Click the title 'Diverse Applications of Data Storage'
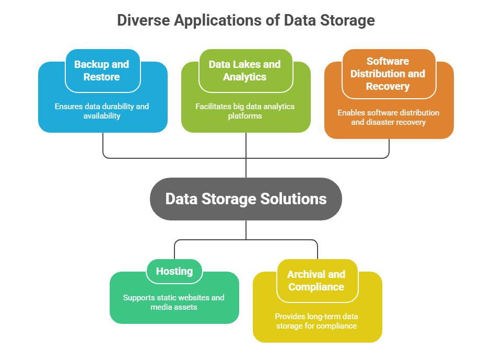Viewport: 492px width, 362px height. click(x=246, y=20)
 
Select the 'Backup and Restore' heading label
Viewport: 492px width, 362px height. click(x=102, y=71)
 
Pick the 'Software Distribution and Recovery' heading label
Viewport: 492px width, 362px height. click(x=388, y=74)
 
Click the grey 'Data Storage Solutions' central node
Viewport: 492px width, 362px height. click(x=246, y=198)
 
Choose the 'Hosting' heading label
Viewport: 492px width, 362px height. click(x=174, y=271)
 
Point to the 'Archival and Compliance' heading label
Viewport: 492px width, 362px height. click(x=317, y=281)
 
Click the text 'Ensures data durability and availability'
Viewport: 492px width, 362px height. click(x=102, y=111)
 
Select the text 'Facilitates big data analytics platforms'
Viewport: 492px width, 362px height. click(x=245, y=111)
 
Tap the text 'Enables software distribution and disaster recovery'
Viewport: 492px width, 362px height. click(x=388, y=117)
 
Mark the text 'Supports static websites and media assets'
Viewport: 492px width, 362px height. click(x=174, y=302)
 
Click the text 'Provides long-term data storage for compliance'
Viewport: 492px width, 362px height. click(x=317, y=321)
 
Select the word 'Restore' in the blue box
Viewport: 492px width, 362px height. click(x=102, y=77)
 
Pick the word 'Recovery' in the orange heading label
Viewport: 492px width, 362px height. click(x=388, y=86)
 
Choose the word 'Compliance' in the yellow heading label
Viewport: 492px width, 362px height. click(x=317, y=287)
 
